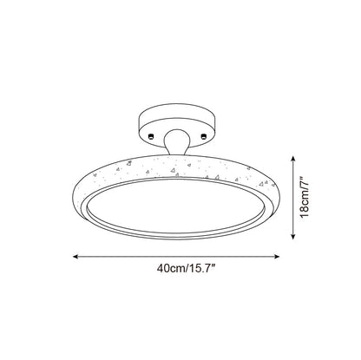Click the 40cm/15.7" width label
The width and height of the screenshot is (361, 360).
(x=187, y=269)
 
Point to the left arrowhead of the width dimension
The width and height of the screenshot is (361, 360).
(x=75, y=256)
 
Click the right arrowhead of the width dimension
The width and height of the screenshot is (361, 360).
(x=277, y=256)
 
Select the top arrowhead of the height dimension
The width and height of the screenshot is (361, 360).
(x=293, y=159)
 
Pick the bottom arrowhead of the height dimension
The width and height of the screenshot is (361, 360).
(x=293, y=236)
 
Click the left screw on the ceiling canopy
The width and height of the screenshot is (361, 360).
(x=151, y=136)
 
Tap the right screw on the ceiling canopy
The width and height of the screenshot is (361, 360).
(x=204, y=135)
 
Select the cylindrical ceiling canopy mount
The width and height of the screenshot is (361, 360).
(x=176, y=124)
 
